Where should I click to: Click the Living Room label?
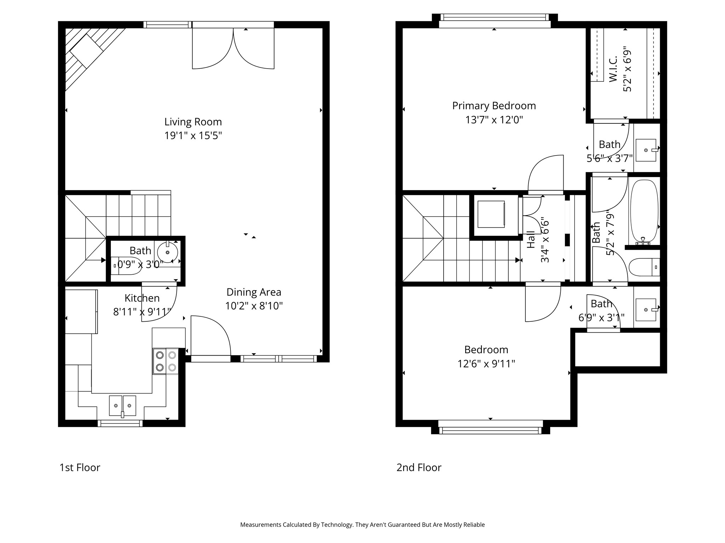tap(193, 122)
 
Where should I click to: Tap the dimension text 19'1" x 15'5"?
tap(193, 136)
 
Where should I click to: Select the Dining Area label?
tap(254, 292)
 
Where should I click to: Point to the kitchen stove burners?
tap(166, 361)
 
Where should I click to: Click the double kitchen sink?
tap(122, 405)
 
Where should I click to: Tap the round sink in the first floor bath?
tap(167, 252)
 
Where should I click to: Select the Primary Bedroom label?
tap(494, 106)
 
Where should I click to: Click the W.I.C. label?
tap(613, 69)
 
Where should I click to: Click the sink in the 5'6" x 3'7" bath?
tap(646, 150)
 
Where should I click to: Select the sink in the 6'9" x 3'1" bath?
tap(646, 310)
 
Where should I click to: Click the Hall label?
tap(531, 239)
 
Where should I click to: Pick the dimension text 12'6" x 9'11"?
tap(486, 363)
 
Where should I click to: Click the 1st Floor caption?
tap(80, 467)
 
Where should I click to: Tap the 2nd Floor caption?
tap(419, 467)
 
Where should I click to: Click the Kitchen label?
tap(142, 298)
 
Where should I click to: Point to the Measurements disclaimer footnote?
tap(362, 525)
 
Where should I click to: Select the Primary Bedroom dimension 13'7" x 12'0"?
tap(494, 120)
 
